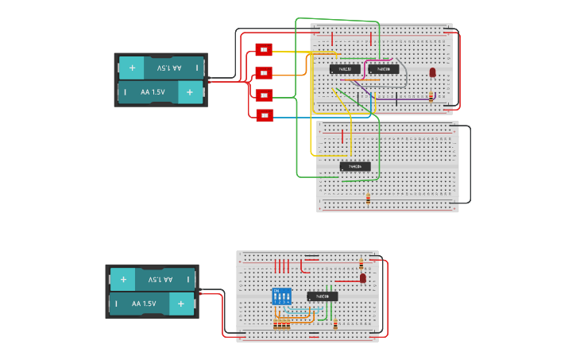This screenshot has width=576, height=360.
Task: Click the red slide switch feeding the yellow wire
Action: [x=264, y=50]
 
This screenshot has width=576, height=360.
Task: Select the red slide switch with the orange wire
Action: [x=264, y=72]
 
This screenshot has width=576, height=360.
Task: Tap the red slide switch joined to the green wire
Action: [x=264, y=95]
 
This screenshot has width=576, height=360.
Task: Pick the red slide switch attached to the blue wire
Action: [x=264, y=116]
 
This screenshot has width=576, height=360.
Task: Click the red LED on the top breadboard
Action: [x=432, y=72]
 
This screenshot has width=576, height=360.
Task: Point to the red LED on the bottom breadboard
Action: [x=363, y=278]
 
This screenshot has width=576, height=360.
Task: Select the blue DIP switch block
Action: [x=282, y=296]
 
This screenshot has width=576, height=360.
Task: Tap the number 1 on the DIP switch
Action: [x=276, y=302]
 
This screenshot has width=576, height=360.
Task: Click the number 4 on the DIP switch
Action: [x=288, y=302]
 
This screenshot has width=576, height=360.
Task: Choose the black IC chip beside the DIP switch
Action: [x=323, y=296]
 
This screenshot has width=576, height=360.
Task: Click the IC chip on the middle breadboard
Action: [x=355, y=166]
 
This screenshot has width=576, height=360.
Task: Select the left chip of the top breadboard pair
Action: [x=345, y=69]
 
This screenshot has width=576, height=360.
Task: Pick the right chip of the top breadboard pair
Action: [x=383, y=69]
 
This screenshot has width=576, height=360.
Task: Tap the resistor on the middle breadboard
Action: [x=368, y=199]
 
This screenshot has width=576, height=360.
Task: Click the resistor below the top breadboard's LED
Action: [x=431, y=96]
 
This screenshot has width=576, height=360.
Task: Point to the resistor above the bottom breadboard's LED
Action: [x=361, y=263]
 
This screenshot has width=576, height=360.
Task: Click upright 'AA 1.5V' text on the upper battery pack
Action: [x=153, y=92]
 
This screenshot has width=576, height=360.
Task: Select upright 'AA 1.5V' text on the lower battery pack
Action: [x=144, y=304]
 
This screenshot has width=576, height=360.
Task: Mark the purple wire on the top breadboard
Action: [x=413, y=99]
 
